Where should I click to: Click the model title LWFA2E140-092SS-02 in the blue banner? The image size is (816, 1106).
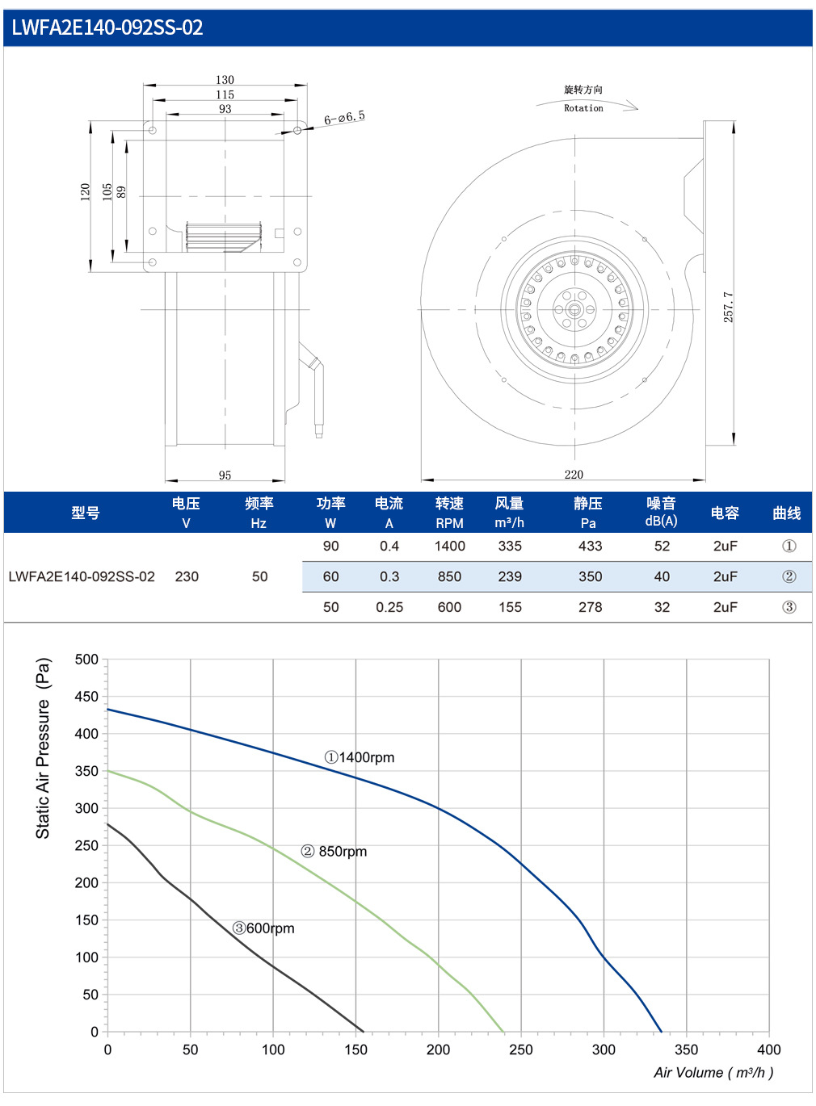click(x=107, y=27)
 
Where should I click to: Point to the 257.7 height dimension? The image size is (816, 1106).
click(x=728, y=307)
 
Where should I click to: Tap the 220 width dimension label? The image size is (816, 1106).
click(x=574, y=475)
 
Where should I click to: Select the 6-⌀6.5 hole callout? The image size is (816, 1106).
click(x=344, y=118)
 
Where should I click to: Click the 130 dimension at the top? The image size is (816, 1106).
click(x=225, y=79)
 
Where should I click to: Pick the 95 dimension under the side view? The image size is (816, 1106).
click(x=225, y=475)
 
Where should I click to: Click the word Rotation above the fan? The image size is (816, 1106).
click(x=583, y=108)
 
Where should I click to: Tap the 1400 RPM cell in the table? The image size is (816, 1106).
click(x=449, y=546)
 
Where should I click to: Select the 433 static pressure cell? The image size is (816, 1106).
click(x=590, y=546)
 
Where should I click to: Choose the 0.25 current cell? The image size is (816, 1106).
click(x=389, y=607)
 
